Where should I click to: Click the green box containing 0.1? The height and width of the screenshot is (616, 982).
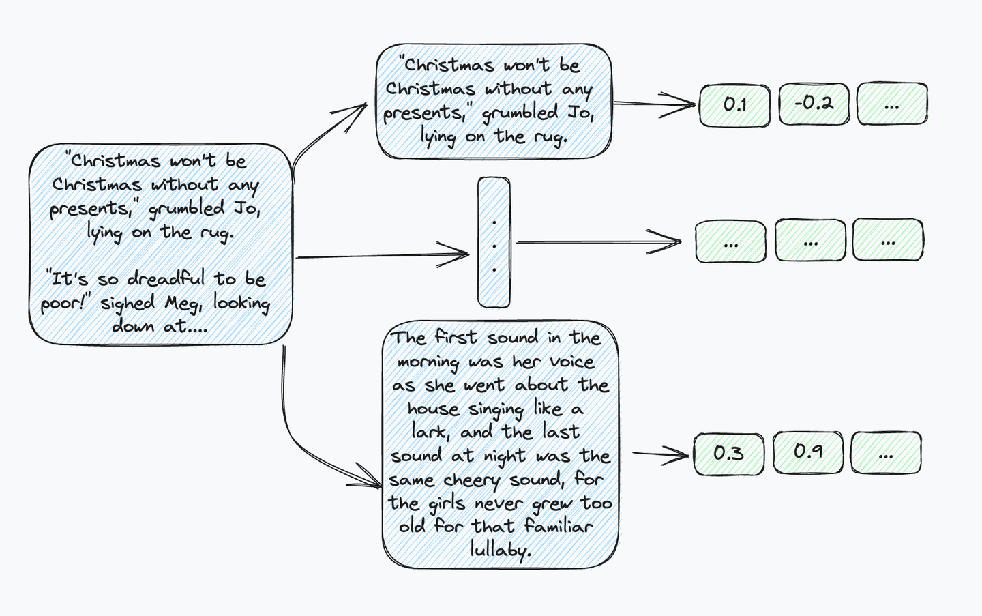tap(735, 105)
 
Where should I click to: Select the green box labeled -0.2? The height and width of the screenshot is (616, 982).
tap(814, 104)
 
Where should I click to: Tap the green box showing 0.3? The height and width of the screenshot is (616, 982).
tap(728, 454)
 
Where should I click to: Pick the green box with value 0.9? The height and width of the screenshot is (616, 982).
tap(808, 452)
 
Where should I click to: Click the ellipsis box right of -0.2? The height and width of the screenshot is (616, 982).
tap(892, 104)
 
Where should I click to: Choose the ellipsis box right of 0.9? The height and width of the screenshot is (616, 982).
tap(886, 453)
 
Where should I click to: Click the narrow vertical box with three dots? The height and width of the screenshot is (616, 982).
tap(494, 243)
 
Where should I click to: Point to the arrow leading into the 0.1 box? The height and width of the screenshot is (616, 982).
tap(655, 104)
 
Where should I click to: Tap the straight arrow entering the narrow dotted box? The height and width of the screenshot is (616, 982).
tap(382, 256)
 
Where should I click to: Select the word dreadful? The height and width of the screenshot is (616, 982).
tap(166, 279)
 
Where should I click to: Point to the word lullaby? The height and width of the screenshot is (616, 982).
tap(499, 550)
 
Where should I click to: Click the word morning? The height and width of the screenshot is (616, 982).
tap(428, 362)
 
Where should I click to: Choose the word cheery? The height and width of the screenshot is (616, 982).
tap(472, 480)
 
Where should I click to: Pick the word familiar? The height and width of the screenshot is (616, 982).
tap(559, 527)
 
